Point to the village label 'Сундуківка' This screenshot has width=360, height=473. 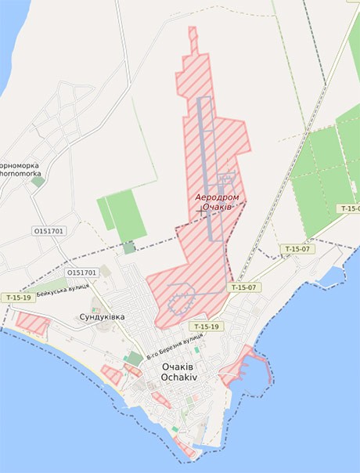point(102,317)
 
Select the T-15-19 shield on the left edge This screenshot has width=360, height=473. point(18,298)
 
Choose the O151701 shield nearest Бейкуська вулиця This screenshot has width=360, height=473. point(81,273)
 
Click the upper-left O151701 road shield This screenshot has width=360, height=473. point(49,232)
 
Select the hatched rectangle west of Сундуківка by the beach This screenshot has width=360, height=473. point(32,322)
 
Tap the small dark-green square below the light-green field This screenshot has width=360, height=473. point(128,248)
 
